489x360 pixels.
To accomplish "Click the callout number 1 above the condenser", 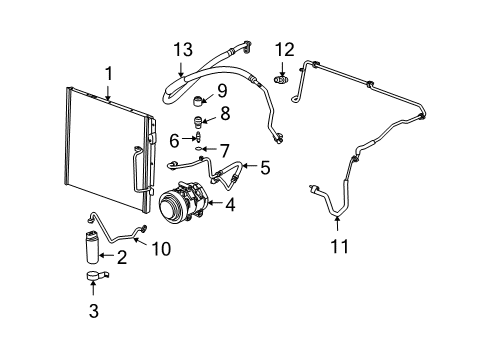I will tap(108, 72).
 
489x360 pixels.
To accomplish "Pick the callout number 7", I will tap(224, 148).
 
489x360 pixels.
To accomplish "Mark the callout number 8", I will tap(224, 113).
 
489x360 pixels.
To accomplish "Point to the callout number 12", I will tap(285, 48).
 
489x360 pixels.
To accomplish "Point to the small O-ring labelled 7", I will tap(202, 149).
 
